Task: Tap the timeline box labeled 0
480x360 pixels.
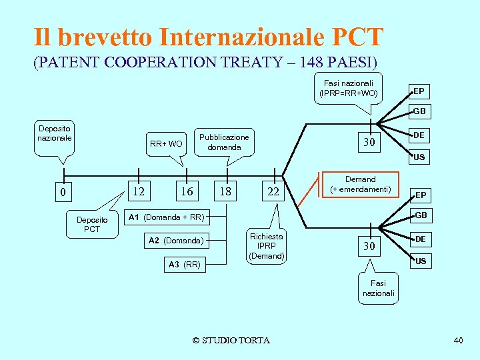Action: (63, 193)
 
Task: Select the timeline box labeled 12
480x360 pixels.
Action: (139, 191)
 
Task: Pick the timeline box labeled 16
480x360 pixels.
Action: (187, 191)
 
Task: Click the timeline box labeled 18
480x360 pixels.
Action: (225, 191)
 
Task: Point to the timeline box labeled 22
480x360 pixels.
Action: (273, 192)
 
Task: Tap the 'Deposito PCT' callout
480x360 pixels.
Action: (91, 224)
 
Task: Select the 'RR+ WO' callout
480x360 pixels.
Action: (166, 143)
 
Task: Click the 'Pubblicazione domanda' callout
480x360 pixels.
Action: (224, 142)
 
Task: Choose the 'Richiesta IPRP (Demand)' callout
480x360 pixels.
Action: (267, 246)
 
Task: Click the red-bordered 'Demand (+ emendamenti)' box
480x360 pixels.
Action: (360, 185)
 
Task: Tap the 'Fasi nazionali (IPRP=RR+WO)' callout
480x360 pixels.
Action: (349, 88)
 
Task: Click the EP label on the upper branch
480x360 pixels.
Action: (419, 91)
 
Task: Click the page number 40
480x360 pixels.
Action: (458, 341)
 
